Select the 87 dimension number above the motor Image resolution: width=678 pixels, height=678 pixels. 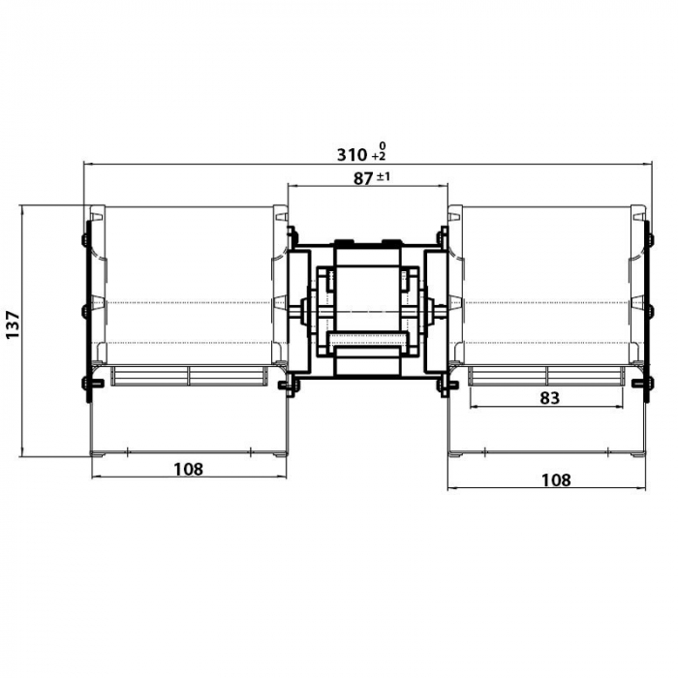point(364,177)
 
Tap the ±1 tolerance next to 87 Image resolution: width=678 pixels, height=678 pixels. point(385,175)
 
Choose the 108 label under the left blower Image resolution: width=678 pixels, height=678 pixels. point(188,469)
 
